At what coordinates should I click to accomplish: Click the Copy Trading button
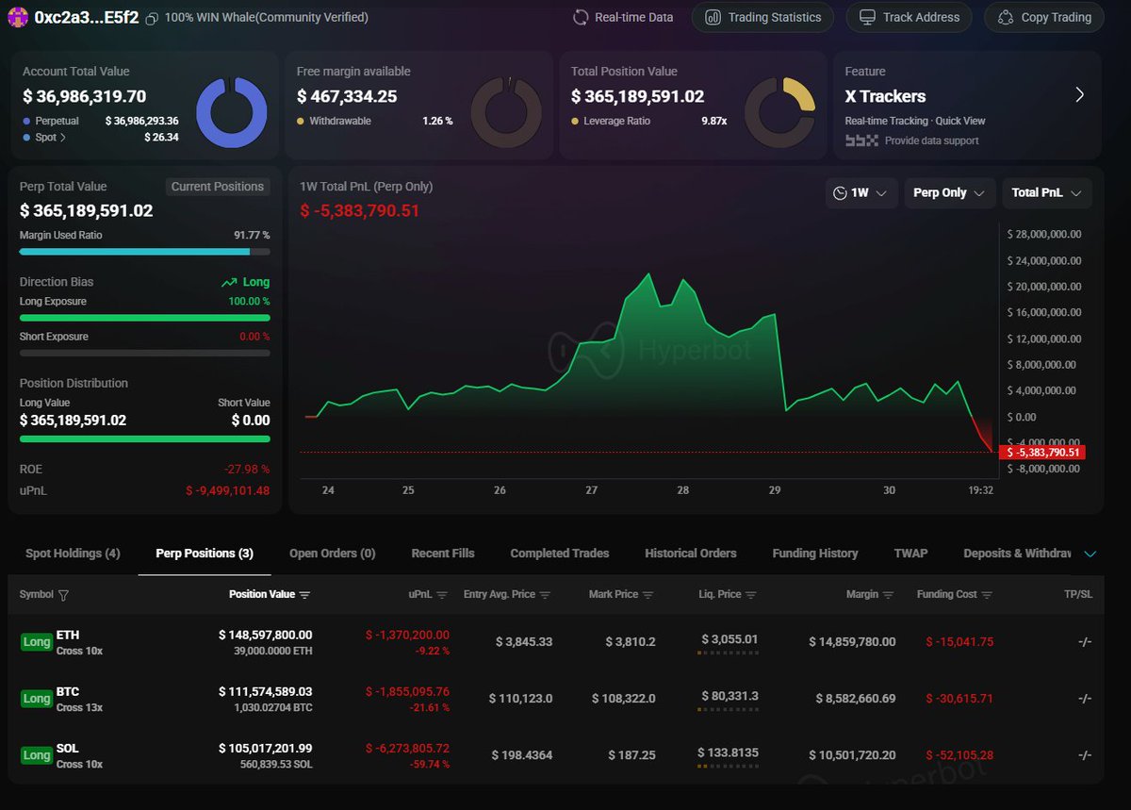(1044, 17)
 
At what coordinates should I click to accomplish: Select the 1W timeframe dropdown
(860, 192)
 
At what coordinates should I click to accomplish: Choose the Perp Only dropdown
(949, 192)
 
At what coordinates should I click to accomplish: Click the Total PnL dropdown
(1046, 192)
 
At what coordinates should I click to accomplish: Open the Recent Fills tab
(443, 554)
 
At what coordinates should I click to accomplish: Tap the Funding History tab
(814, 554)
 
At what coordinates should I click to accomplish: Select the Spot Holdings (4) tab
(73, 554)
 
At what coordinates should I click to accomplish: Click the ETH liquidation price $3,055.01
(728, 639)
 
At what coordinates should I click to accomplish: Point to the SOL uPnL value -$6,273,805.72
(407, 748)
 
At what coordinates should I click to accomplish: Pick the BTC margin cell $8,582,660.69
(852, 699)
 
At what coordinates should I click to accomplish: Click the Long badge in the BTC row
(37, 699)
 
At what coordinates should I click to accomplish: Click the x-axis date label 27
(591, 490)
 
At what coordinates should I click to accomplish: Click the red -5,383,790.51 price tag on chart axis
(1043, 453)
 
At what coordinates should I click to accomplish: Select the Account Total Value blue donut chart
(231, 111)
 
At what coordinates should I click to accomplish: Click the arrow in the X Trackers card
(1079, 95)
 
